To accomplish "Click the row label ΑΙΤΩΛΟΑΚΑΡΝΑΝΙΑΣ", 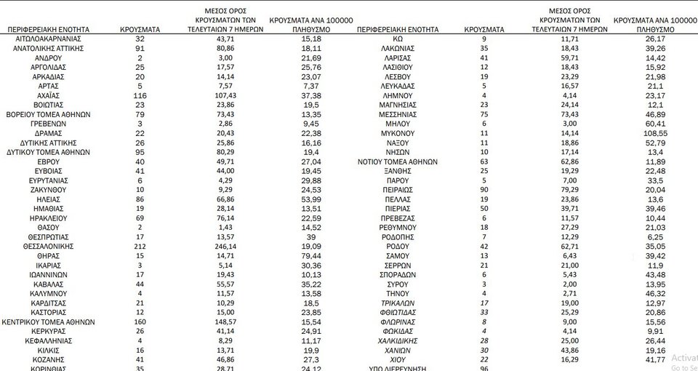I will [47, 38].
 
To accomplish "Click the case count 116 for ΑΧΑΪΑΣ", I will [140, 95].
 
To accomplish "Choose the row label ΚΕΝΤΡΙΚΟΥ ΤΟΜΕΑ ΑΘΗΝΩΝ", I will [47, 322].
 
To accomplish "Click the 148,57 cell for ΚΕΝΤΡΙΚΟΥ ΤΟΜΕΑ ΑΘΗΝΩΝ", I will [225, 322].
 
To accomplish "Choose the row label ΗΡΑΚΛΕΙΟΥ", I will [47, 218].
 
